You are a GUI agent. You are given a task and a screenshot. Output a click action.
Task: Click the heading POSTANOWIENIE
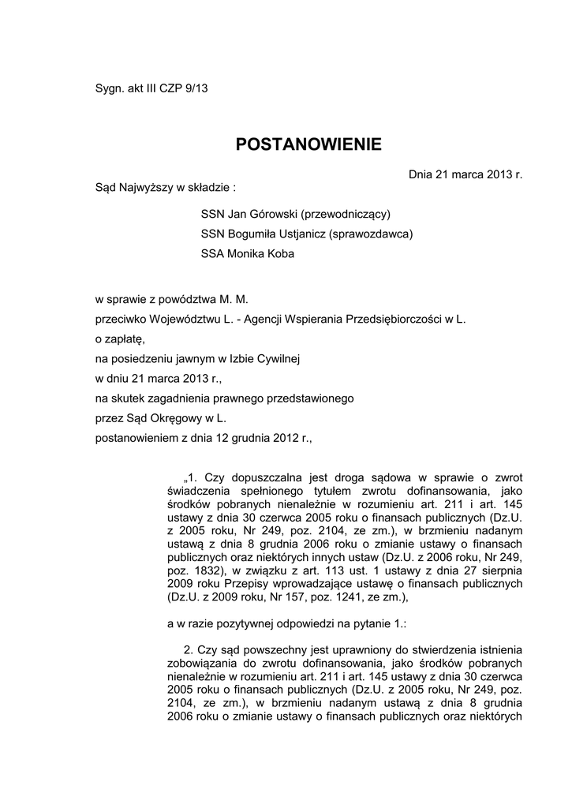[308, 144]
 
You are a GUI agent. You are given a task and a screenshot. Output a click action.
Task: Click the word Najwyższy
[146, 189]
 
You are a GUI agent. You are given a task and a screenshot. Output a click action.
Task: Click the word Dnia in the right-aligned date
[422, 174]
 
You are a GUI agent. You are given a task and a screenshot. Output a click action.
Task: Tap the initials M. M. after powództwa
[236, 299]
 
